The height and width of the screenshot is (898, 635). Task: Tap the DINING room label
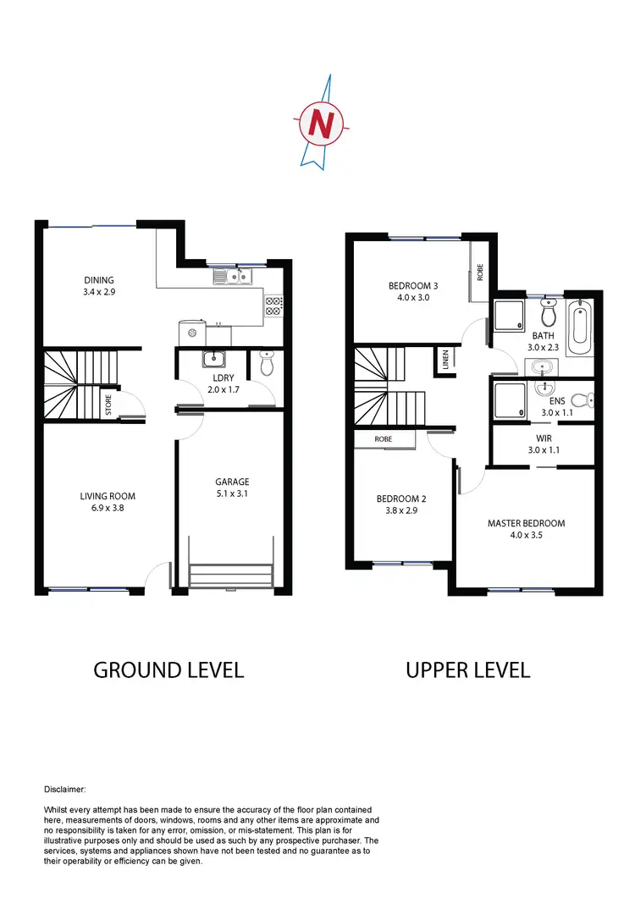98,280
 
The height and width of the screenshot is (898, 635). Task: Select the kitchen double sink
230,276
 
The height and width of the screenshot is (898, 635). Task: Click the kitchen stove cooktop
273,306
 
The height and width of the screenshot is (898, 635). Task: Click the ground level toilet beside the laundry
267,363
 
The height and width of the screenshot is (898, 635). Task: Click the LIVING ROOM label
108,497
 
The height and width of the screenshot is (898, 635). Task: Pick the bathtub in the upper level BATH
581,327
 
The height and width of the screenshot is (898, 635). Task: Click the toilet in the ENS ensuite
582,400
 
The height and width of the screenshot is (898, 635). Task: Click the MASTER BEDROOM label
526,523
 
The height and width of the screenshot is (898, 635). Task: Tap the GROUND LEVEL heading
168,670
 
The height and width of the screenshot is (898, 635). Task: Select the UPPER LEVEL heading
467,670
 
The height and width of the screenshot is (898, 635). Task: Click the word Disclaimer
63,789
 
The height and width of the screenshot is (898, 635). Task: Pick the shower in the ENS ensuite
509,399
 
